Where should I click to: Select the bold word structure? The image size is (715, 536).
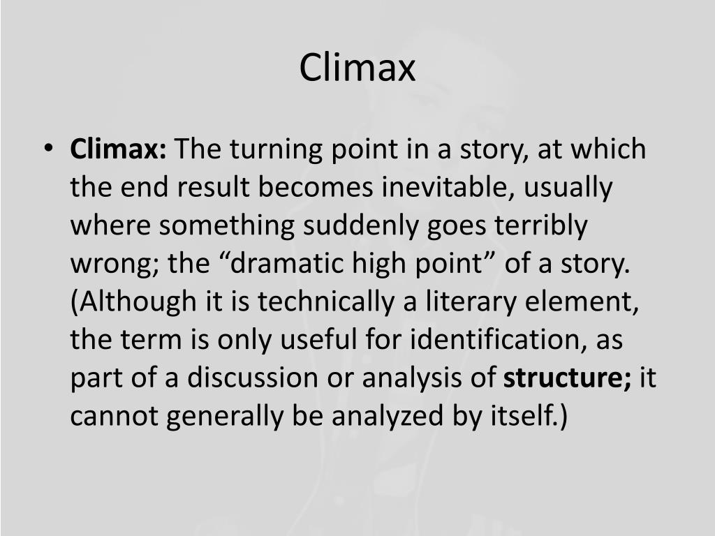pos(566,378)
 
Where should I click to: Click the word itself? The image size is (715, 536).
pos(524,416)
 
